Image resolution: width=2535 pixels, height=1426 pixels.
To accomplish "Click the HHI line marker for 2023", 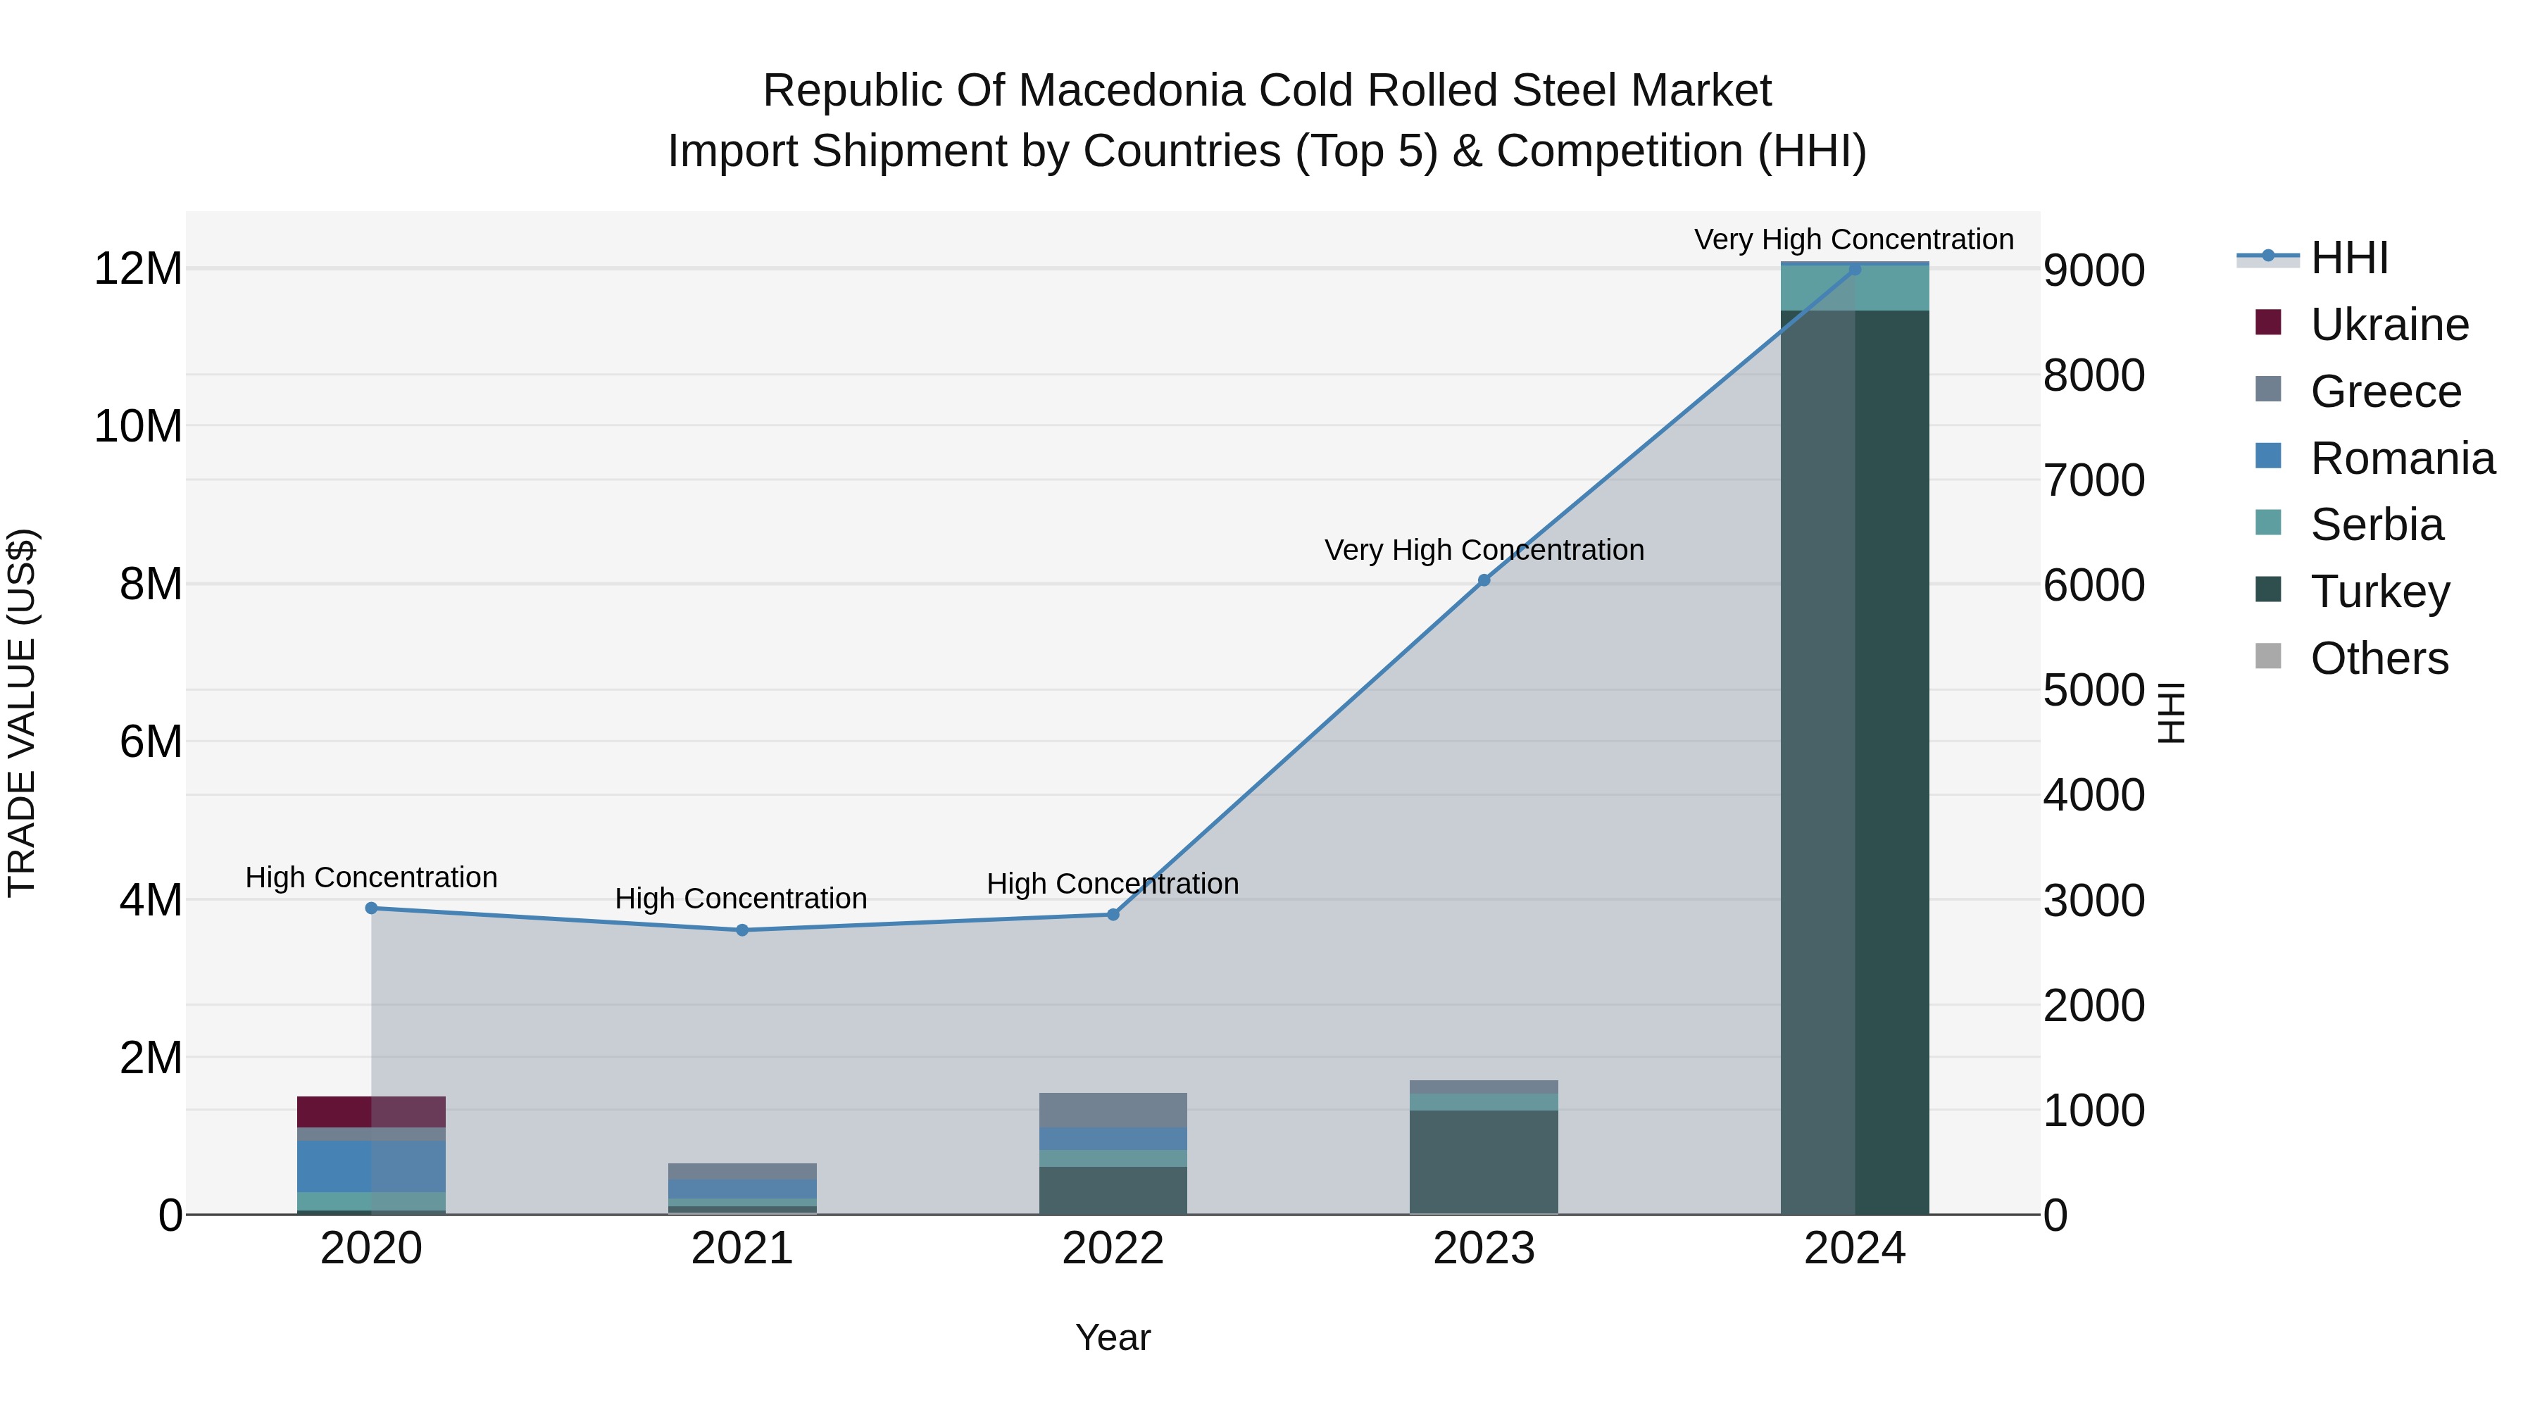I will tap(1484, 581).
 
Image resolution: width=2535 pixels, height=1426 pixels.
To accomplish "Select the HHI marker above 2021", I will tap(742, 930).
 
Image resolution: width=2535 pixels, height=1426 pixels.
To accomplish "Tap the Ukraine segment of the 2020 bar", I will tap(371, 1111).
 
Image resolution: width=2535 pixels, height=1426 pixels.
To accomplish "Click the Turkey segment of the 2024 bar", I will tap(1854, 758).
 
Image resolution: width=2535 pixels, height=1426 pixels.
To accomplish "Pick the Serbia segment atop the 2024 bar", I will tap(1854, 288).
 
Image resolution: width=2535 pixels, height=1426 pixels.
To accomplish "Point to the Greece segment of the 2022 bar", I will tap(1113, 1109).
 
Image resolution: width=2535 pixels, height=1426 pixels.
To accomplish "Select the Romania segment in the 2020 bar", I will tap(371, 1166).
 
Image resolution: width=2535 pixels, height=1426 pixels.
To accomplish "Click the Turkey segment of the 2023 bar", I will tap(1484, 1161).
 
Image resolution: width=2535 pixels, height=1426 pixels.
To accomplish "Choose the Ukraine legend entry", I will tap(2389, 325).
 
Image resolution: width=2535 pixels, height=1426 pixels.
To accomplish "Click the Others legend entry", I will tap(2379, 658).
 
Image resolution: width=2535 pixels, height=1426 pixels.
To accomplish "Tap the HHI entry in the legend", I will tap(2349, 258).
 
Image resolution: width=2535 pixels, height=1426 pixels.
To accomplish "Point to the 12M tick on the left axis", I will tap(138, 269).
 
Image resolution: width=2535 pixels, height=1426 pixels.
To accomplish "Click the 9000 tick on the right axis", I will tap(2094, 270).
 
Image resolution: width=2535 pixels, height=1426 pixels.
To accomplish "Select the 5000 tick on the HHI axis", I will tap(2094, 690).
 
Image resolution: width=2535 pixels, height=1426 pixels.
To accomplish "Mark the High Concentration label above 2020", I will tap(371, 877).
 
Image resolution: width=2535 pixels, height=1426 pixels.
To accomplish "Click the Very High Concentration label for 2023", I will tap(1484, 549).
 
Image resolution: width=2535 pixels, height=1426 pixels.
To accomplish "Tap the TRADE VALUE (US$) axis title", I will tap(22, 713).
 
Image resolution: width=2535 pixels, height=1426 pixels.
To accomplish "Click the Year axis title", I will tap(1113, 1337).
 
